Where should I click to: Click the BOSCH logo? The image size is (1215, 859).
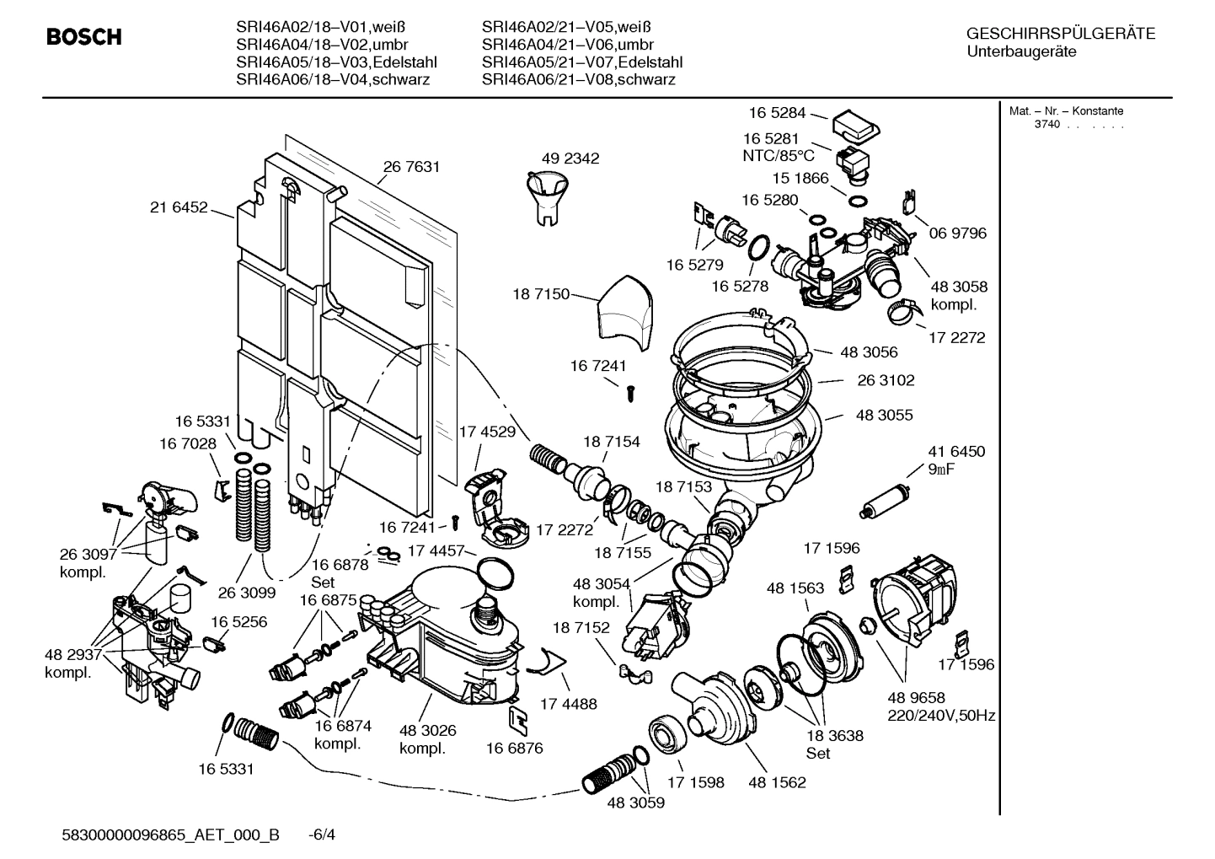84,37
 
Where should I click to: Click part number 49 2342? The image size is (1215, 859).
570,158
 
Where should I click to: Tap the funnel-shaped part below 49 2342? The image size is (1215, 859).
545,196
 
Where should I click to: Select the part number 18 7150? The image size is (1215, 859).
540,294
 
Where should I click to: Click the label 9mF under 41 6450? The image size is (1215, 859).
941,470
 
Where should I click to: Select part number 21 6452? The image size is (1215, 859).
179,207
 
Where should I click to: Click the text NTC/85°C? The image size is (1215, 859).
779,156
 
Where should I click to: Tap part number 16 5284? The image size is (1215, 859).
778,113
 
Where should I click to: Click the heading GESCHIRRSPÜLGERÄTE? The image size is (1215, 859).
1061,35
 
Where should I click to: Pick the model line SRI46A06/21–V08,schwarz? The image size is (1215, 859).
579,80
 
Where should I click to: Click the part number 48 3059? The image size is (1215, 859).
635,803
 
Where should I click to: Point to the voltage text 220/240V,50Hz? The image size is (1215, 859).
941,716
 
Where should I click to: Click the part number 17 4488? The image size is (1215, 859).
569,703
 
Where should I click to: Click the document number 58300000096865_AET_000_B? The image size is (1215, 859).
171,835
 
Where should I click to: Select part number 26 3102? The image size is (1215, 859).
886,380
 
